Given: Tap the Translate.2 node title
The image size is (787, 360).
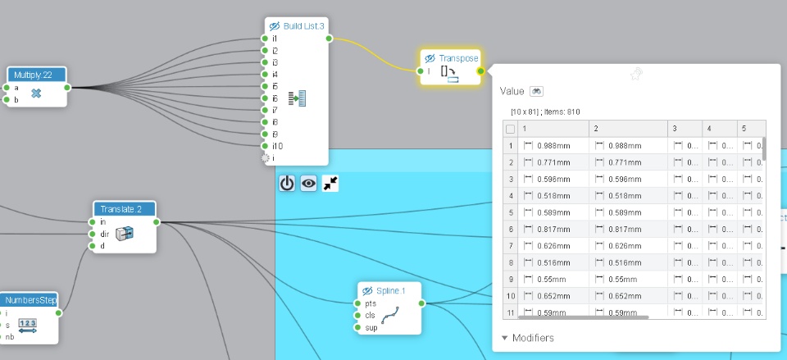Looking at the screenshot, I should [x=123, y=209].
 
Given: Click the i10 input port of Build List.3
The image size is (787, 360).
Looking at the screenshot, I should [x=265, y=145].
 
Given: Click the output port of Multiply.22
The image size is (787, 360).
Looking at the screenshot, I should [x=67, y=87].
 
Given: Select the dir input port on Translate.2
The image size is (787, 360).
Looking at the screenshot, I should [x=93, y=234].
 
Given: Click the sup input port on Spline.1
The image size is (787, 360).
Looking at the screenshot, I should [x=358, y=327].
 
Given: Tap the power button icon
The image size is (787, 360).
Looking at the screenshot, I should [x=287, y=184].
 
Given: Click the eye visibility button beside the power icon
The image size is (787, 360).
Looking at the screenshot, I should [x=308, y=184].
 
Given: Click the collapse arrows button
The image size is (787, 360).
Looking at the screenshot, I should [x=330, y=184].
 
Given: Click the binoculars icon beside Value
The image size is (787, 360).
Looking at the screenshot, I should [x=536, y=91].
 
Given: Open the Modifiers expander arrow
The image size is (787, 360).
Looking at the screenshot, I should [x=504, y=337].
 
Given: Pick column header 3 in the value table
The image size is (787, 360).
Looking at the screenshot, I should [x=674, y=129].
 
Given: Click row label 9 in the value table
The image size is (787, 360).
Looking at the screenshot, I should [x=511, y=279].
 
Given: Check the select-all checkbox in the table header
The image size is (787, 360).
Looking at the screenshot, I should [x=511, y=129].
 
